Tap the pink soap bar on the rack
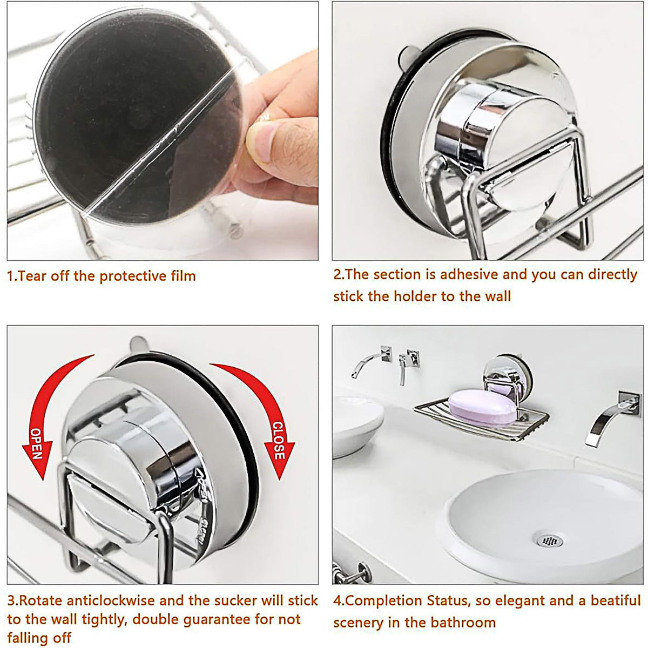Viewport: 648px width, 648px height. coord(482,408)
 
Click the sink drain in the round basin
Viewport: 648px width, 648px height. coord(549,540)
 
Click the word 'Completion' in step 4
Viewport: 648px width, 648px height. coord(384,600)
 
